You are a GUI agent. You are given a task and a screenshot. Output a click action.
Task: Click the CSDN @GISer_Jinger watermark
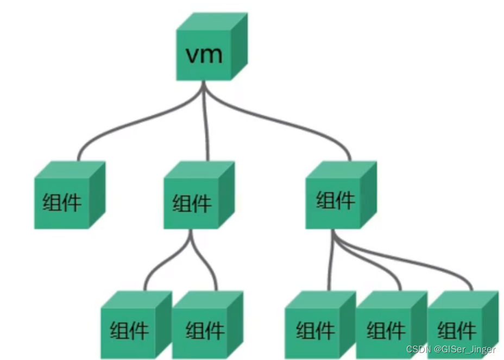tap(451, 349)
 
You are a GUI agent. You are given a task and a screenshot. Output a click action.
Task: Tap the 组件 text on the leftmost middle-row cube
tap(62, 202)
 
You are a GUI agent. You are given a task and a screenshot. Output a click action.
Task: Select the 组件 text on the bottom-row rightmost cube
tap(456, 330)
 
